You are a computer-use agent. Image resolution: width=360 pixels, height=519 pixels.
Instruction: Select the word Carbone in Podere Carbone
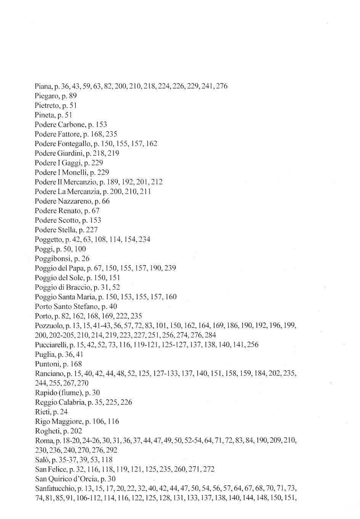(69, 124)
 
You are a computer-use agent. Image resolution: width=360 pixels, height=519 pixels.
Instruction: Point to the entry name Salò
(41, 460)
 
